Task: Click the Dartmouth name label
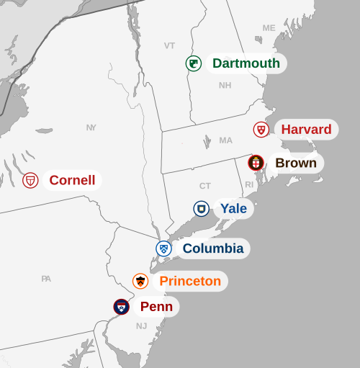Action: [246, 63]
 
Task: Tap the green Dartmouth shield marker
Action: [193, 63]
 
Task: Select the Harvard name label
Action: [306, 130]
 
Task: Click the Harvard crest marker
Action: [261, 130]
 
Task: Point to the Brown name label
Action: [296, 163]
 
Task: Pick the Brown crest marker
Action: [256, 163]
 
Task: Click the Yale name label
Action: [233, 209]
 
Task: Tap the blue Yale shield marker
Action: [202, 209]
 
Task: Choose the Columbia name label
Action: [212, 248]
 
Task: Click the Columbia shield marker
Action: [164, 248]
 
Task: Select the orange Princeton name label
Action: [190, 281]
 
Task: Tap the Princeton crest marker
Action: [140, 281]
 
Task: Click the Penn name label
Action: [156, 307]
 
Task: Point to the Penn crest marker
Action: [122, 307]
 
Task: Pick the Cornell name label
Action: [72, 180]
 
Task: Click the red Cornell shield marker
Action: [30, 180]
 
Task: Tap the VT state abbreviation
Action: [169, 45]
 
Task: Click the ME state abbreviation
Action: [269, 28]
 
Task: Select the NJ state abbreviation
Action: [141, 326]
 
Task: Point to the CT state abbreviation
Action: [205, 186]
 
